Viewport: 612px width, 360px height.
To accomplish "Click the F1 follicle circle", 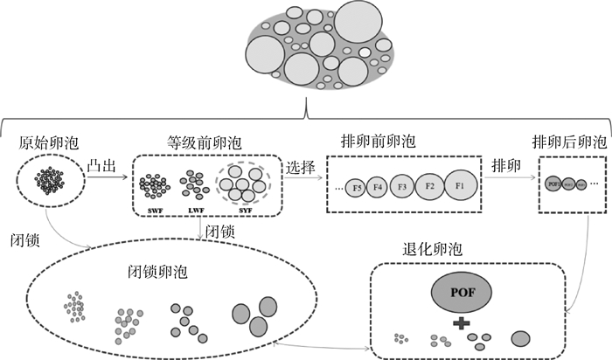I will pyautogui.click(x=460, y=186).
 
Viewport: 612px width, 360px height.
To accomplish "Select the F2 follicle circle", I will pyautogui.click(x=430, y=187).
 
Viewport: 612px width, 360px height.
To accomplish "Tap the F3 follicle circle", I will pyautogui.click(x=402, y=187).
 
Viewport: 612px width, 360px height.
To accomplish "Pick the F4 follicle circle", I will pyautogui.click(x=379, y=187).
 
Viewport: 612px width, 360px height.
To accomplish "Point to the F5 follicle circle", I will pyautogui.click(x=357, y=188).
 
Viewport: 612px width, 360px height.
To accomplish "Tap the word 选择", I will pyautogui.click(x=300, y=164).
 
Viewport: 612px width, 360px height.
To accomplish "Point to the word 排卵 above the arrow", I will pyautogui.click(x=508, y=164).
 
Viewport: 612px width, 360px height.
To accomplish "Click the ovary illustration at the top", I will pyautogui.click(x=324, y=47).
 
